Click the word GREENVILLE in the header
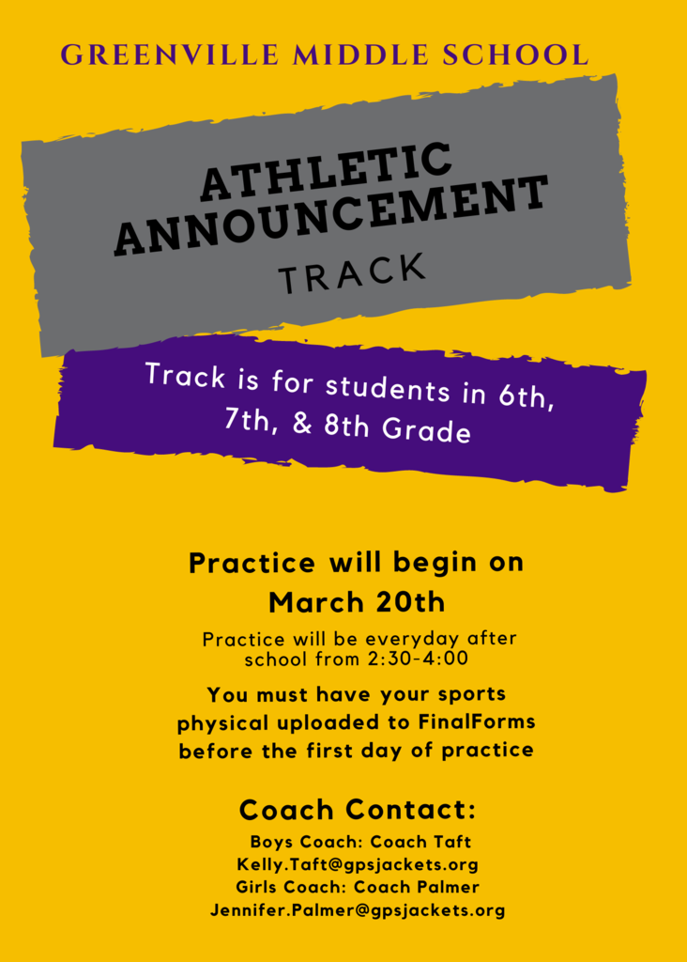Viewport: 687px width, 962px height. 171,54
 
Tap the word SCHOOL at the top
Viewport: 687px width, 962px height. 515,54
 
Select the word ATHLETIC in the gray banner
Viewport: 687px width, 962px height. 327,171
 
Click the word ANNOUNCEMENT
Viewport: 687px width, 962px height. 331,215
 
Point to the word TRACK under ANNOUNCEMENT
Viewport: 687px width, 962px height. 352,273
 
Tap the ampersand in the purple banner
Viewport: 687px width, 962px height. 302,423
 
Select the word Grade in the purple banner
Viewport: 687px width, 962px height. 426,429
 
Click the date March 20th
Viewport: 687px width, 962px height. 357,602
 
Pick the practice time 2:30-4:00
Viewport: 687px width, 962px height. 418,659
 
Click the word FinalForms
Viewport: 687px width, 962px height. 477,721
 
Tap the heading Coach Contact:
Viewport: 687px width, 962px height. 358,810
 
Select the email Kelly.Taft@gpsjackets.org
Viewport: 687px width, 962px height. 358,864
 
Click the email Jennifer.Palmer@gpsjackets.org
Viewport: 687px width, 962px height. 358,909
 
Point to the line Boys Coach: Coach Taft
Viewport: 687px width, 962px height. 360,842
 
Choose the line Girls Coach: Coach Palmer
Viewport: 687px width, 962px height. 358,887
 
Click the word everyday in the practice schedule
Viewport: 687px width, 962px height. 412,639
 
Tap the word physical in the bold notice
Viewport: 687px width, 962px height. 223,723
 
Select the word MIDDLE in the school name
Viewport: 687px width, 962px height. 360,54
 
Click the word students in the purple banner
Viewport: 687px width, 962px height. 388,389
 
